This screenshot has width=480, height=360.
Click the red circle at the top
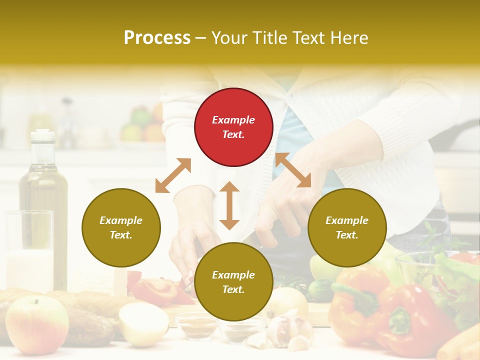pos(233,127)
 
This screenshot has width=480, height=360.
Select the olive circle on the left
pos(121,227)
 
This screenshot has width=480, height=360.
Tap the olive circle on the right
pos(347,227)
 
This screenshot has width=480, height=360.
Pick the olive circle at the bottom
pos(233,282)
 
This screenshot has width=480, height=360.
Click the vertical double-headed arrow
pos(229,205)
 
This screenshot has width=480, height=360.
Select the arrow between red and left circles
pos(173,175)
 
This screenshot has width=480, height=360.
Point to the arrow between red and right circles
pos(293,170)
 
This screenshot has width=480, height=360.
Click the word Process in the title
pos(157,38)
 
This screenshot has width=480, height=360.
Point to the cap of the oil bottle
pos(43,135)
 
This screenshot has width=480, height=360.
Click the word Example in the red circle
pos(233,120)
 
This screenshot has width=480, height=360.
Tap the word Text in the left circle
pos(121,235)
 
